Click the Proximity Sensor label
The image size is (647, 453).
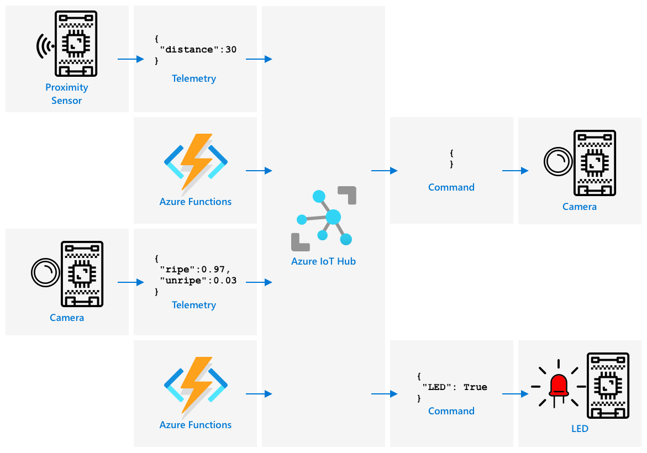coord(66,94)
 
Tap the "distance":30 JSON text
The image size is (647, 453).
coord(198,50)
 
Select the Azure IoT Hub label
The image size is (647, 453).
coord(324,261)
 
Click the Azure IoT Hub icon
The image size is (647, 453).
coord(324,219)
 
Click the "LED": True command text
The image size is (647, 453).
coord(455,387)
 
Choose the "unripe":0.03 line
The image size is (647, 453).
coord(198,281)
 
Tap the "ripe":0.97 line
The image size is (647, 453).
coord(195,270)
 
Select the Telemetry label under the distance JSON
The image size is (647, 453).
coord(194,78)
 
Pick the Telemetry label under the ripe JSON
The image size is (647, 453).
coord(194,305)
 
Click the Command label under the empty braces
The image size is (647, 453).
coord(451,187)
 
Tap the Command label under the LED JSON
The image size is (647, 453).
coord(451,411)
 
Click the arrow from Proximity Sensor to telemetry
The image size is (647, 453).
coord(131,60)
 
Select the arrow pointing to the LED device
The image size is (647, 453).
coord(516,394)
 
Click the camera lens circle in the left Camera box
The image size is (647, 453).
coord(45,272)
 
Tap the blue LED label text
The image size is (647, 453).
coord(580,429)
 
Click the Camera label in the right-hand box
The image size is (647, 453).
coord(580,207)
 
